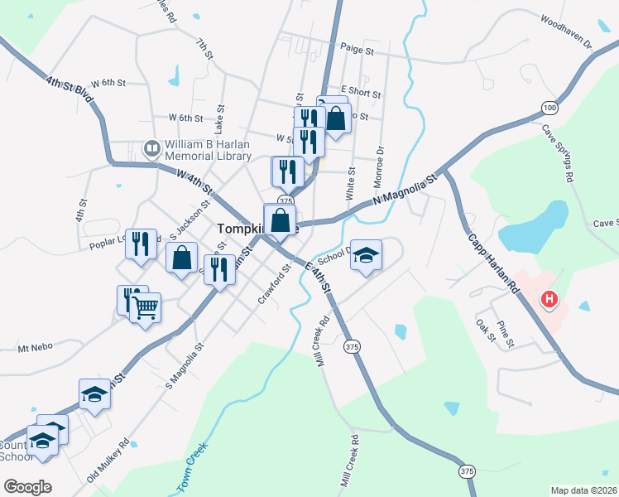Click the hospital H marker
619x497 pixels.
pos(547,299)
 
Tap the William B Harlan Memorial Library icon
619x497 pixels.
pos(151,149)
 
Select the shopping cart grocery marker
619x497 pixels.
pos(146,308)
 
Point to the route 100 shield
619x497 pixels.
pos(549,108)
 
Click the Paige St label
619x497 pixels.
pos(357,51)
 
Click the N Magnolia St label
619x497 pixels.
pos(404,191)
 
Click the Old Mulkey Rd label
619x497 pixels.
pos(108,461)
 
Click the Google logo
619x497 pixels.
pos(27,487)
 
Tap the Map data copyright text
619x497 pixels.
pos(584,490)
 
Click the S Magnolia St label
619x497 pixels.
pos(185,368)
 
